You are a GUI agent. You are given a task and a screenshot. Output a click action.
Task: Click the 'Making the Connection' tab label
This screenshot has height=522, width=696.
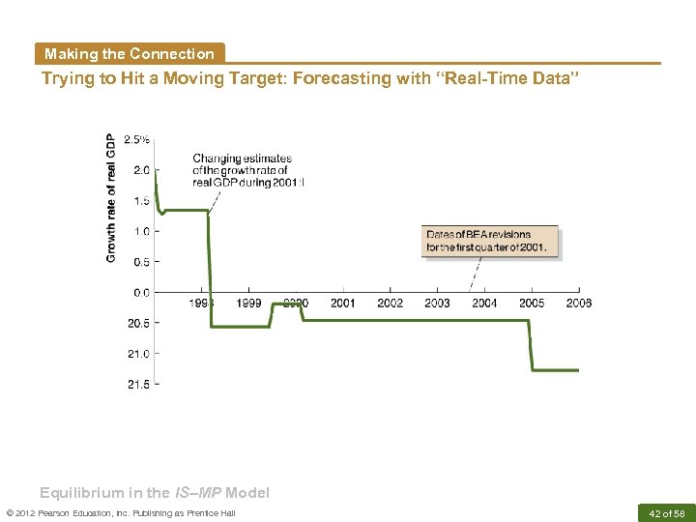tap(129, 54)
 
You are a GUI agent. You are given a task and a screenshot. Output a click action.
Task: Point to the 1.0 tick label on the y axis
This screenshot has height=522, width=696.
tap(141, 231)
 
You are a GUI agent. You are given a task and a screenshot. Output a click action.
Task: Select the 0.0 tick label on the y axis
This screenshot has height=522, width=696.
tap(141, 292)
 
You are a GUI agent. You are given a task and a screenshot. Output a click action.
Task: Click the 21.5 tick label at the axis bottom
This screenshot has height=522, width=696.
tap(138, 385)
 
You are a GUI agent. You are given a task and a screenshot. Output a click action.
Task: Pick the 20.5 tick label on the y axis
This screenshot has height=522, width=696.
tap(138, 323)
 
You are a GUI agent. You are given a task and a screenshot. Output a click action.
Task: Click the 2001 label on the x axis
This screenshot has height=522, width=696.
tap(343, 304)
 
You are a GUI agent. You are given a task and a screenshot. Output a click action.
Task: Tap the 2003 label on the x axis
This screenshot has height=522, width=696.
tap(437, 304)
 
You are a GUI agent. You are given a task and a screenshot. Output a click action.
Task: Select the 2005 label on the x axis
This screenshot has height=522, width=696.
tap(531, 304)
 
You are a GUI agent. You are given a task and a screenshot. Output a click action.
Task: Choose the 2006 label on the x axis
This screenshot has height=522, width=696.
tap(578, 304)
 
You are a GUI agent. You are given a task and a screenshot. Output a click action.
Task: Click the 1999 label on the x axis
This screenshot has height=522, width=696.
tap(248, 304)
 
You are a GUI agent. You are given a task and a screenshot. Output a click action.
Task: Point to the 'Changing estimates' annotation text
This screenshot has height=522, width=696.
tap(242, 159)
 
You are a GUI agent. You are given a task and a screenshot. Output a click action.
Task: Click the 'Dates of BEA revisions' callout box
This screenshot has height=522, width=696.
tap(491, 241)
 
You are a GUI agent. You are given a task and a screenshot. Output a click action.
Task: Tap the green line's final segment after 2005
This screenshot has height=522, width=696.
tap(556, 369)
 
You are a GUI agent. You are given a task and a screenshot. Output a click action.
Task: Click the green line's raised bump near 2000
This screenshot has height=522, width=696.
tap(286, 304)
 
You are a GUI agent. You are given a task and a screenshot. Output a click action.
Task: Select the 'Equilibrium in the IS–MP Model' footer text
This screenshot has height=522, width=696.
tap(155, 492)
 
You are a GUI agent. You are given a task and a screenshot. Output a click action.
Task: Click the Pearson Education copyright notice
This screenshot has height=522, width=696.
tap(121, 512)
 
